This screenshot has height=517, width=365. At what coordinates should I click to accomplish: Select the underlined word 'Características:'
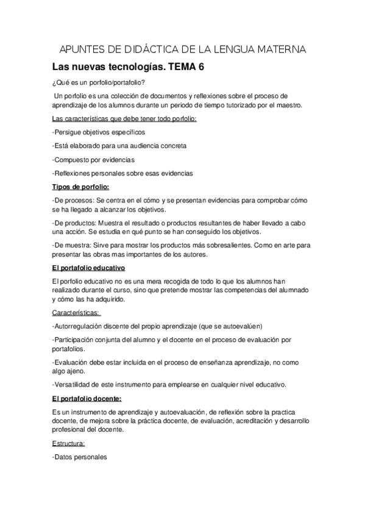tap(77, 312)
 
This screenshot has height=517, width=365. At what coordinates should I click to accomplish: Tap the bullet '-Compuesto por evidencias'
tap(93, 160)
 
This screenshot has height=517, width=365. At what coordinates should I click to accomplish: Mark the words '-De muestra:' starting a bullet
tap(73, 244)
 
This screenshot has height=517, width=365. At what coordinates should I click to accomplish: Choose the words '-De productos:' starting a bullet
tap(76, 223)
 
